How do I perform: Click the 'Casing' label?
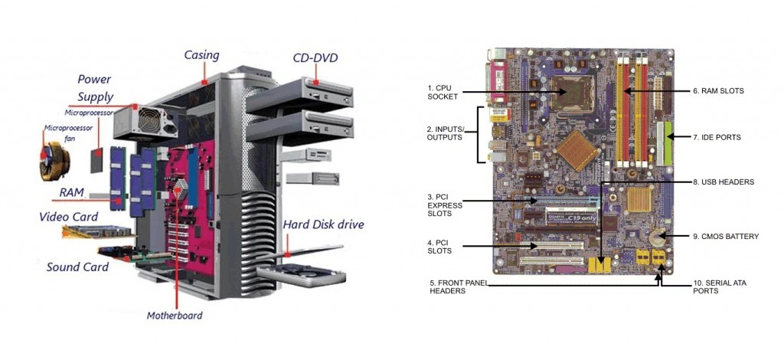[x=201, y=55]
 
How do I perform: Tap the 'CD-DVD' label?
[x=315, y=58]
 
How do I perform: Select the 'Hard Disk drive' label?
[x=323, y=224]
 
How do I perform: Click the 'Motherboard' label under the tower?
[x=175, y=315]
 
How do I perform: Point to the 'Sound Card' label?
[x=77, y=267]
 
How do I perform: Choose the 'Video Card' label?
[x=68, y=217]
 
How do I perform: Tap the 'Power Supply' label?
[x=95, y=88]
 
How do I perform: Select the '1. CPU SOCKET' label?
[x=443, y=93]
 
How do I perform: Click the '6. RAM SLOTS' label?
[x=718, y=90]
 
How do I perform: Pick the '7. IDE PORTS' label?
[x=717, y=137]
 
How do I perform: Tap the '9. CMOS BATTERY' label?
[x=725, y=237]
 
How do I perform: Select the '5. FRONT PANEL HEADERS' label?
[x=458, y=286]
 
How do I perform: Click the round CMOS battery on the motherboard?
[x=657, y=239]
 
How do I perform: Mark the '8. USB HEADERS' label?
[x=724, y=182]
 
